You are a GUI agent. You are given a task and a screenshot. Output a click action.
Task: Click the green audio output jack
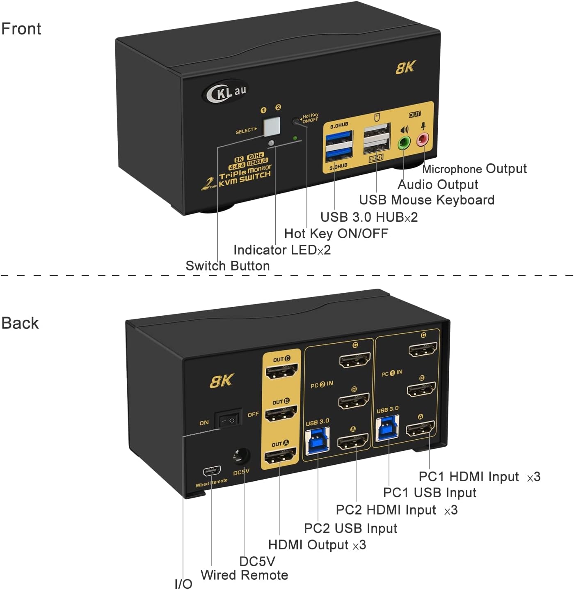404,143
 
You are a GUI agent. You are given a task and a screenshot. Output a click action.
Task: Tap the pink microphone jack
423,140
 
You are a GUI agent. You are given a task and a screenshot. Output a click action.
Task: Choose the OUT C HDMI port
281,372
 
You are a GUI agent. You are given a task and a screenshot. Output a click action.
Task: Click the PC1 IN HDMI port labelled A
420,429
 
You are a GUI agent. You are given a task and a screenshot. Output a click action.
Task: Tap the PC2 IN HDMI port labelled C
355,360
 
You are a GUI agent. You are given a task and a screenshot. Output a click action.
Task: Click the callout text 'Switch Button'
227,266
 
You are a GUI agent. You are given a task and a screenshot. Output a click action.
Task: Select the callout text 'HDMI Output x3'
317,545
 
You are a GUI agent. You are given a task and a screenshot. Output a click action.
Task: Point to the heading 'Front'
21,29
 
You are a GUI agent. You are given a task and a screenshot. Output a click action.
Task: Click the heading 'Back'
20,323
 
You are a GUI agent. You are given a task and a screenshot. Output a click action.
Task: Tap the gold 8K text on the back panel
222,381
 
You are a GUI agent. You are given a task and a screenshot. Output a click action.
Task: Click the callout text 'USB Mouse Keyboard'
426,200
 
